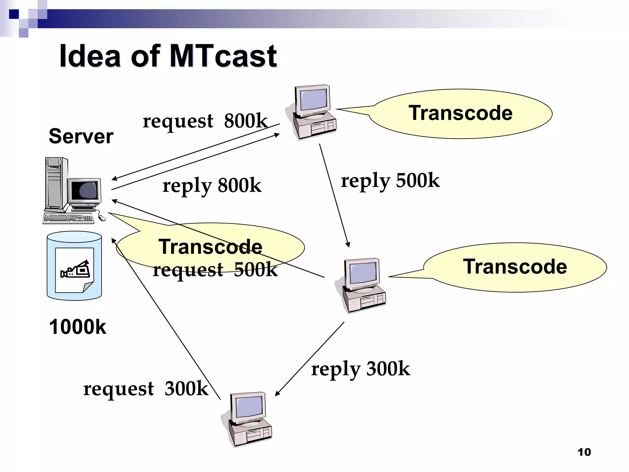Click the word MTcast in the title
pyautogui.click(x=223, y=56)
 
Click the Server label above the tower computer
pyautogui.click(x=81, y=136)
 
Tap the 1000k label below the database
pyautogui.click(x=77, y=327)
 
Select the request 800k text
pyautogui.click(x=205, y=121)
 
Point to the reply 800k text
pyautogui.click(x=212, y=186)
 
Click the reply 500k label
pyautogui.click(x=390, y=181)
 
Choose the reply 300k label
pyautogui.click(x=360, y=369)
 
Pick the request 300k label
pyautogui.click(x=146, y=389)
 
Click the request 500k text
pyautogui.click(x=215, y=270)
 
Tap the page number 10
pyautogui.click(x=584, y=452)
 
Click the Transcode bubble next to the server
pyautogui.click(x=210, y=247)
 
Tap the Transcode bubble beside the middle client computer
pyautogui.click(x=515, y=267)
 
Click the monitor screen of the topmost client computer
pyautogui.click(x=313, y=99)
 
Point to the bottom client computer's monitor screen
pyautogui.click(x=249, y=406)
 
